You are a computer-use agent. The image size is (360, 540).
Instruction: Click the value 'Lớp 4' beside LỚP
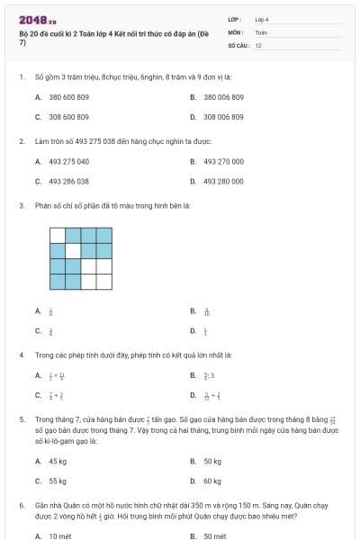tap(262, 18)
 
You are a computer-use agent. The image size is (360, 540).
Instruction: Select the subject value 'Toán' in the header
tap(261, 31)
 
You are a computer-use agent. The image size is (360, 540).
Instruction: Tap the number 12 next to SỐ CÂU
tap(258, 44)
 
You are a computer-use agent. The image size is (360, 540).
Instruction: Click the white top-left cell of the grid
tap(58, 235)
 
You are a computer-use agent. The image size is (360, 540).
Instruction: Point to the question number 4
tap(21, 355)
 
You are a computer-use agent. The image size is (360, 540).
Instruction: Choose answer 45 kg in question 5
tap(58, 461)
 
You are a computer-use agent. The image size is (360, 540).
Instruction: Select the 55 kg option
tap(58, 481)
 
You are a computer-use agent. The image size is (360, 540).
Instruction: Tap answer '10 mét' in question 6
tap(59, 535)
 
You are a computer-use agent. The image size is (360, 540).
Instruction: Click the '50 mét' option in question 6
tap(215, 535)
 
